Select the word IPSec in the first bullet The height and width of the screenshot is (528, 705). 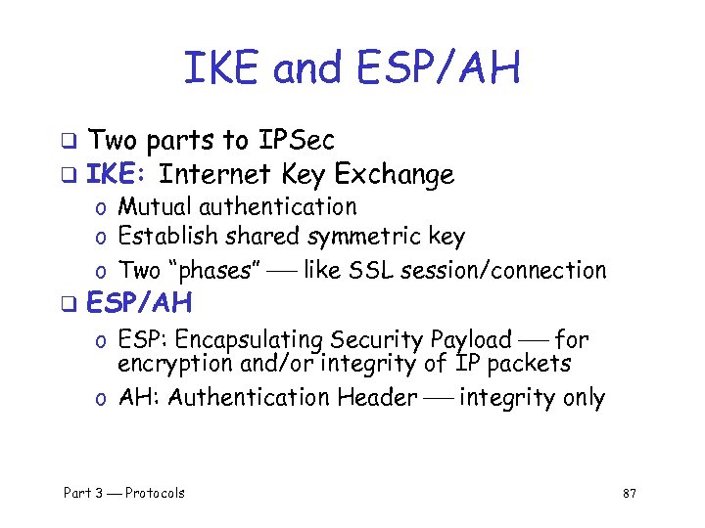297,141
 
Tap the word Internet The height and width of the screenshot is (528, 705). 215,174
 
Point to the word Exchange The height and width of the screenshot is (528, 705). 395,174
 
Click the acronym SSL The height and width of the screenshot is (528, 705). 369,270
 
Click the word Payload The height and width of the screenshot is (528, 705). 470,340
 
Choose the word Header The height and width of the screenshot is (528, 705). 376,398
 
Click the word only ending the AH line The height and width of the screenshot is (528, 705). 583,398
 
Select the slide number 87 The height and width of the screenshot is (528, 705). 630,494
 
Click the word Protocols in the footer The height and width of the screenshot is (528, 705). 155,493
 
